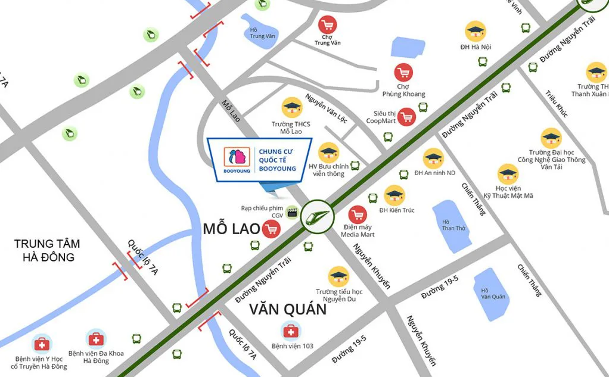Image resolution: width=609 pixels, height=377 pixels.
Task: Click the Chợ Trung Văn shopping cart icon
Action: click(327, 25)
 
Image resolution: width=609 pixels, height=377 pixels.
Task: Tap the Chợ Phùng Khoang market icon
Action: click(403, 73)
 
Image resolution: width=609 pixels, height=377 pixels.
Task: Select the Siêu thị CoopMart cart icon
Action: click(406, 117)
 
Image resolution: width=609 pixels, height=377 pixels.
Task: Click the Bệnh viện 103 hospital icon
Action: click(291, 331)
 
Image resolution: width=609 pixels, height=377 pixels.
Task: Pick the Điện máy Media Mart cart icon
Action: click(358, 215)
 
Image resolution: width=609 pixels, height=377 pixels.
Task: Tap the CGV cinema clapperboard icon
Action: click(292, 212)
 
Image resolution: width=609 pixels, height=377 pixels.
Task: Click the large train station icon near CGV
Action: click(317, 216)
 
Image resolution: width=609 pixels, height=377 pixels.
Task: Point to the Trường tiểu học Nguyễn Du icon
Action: click(339, 276)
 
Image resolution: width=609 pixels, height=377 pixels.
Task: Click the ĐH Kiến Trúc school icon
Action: click(394, 195)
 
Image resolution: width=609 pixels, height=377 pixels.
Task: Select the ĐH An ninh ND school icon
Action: click(433, 158)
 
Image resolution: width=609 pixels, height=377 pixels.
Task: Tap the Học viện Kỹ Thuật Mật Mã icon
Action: click(508, 174)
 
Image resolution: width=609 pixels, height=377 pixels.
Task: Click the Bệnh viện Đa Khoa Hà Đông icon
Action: click(96, 339)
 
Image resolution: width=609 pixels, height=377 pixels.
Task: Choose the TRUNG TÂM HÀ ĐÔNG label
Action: click(47, 251)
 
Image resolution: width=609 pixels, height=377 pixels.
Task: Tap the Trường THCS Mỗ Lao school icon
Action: click(292, 108)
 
